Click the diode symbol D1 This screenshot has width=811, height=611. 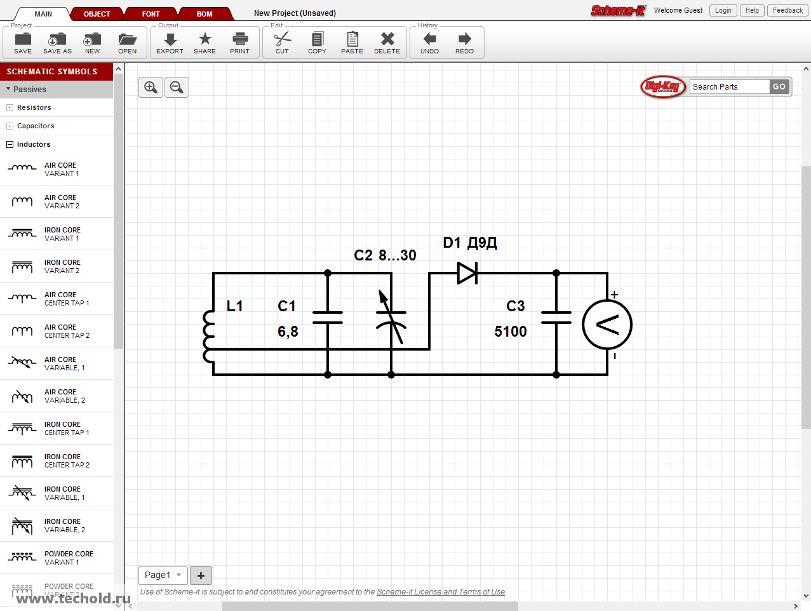click(467, 273)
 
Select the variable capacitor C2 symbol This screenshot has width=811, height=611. click(391, 318)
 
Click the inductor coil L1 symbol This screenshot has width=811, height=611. click(209, 337)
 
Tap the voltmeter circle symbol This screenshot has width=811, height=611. click(607, 325)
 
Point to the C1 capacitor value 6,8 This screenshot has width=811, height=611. click(288, 332)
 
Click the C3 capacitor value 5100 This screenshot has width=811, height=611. click(510, 332)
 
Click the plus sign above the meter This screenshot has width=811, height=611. click(614, 295)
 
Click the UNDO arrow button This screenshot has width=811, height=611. click(429, 43)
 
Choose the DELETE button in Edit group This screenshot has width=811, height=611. click(387, 43)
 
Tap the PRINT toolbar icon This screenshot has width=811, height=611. click(239, 43)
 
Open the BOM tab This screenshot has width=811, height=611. click(204, 14)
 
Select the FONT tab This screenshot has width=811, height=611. click(151, 14)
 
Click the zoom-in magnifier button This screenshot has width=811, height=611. click(151, 87)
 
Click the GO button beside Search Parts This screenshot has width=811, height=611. click(779, 87)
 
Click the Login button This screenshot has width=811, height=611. click(723, 10)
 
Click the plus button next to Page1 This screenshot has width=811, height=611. click(201, 575)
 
